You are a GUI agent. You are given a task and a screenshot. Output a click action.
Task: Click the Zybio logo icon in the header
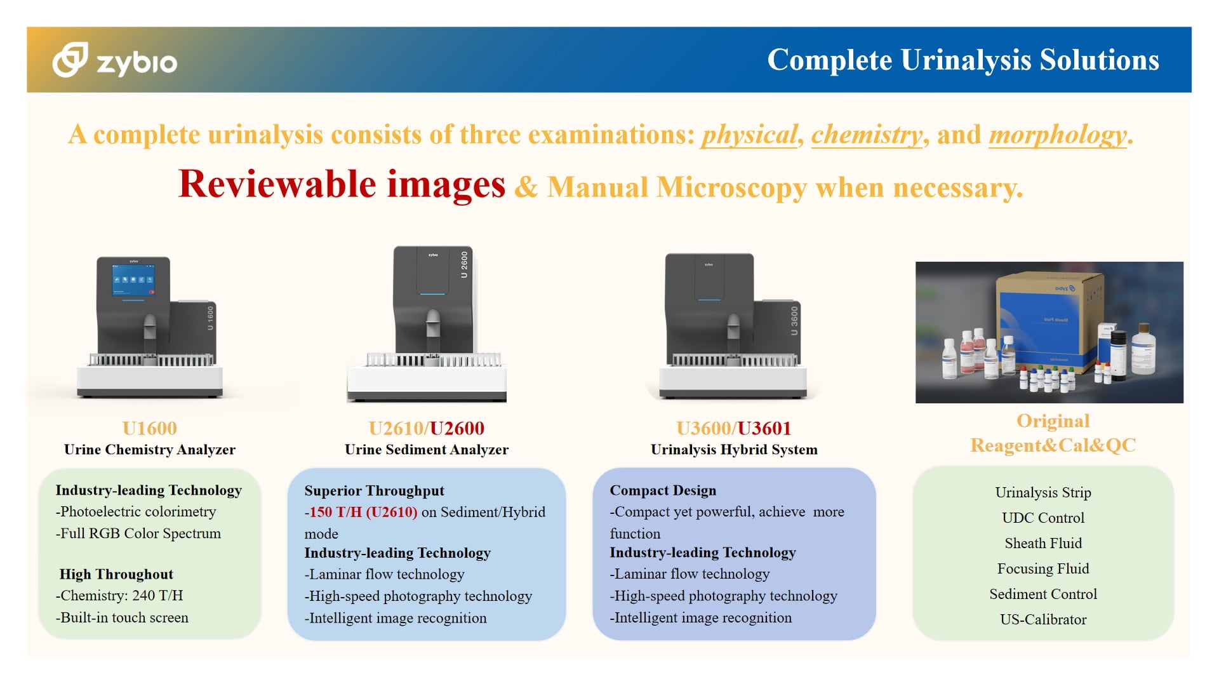(x=70, y=60)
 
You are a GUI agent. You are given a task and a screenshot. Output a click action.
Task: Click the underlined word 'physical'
(x=749, y=135)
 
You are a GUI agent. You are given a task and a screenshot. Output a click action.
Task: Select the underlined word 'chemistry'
(x=867, y=135)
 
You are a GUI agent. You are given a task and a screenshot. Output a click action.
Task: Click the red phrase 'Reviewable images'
(x=342, y=184)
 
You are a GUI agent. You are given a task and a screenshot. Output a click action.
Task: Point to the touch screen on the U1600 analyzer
(x=133, y=280)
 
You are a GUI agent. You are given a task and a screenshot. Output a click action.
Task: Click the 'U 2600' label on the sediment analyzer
(x=464, y=265)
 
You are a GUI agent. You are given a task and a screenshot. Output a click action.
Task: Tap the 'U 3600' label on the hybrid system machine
(x=794, y=321)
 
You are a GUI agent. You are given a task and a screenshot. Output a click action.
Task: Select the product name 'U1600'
(x=150, y=428)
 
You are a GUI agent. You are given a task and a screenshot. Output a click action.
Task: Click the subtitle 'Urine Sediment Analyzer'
(x=427, y=450)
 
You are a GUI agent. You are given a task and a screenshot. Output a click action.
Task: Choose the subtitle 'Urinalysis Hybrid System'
(x=734, y=450)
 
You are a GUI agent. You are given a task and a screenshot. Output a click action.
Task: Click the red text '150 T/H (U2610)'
(x=363, y=512)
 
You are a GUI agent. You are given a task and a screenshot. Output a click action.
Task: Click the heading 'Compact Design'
(x=663, y=490)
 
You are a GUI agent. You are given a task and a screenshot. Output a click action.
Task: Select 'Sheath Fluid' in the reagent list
(x=1043, y=543)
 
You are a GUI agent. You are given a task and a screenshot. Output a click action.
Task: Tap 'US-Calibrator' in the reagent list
(x=1043, y=619)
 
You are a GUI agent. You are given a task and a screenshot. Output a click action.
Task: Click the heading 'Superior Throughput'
(x=374, y=491)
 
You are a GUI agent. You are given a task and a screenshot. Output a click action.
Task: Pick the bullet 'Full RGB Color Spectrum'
(x=138, y=534)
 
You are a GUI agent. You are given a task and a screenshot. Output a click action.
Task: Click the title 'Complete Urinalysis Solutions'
(x=963, y=60)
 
